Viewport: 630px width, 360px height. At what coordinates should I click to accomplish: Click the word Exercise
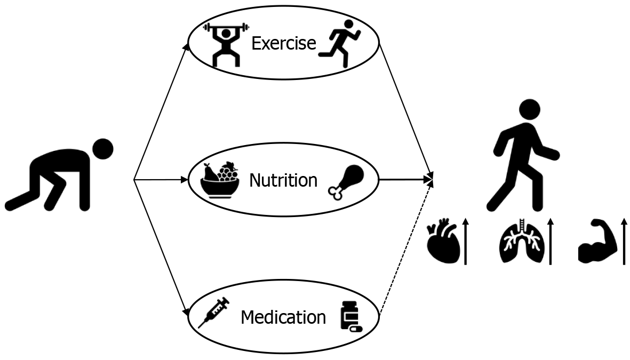click(x=283, y=43)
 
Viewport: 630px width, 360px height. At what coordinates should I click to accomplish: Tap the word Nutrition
click(x=283, y=180)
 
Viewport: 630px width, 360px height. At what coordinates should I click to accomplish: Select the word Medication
click(x=283, y=317)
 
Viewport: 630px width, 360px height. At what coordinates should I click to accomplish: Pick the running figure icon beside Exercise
click(x=340, y=43)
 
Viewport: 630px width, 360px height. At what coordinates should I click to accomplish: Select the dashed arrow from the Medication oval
click(x=405, y=248)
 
